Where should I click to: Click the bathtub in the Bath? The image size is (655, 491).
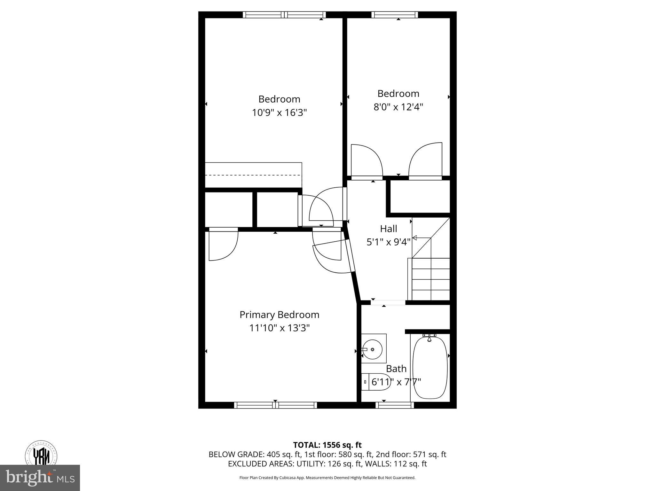pyautogui.click(x=430, y=368)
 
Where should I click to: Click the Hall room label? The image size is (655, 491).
pyautogui.click(x=389, y=229)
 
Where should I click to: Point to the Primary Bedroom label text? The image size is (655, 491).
pyautogui.click(x=279, y=315)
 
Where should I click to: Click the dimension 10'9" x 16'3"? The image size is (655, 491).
pyautogui.click(x=279, y=113)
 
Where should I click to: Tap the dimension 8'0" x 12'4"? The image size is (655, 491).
pyautogui.click(x=398, y=107)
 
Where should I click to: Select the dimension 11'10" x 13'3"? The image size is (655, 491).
pyautogui.click(x=279, y=328)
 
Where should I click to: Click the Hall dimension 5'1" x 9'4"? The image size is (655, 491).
pyautogui.click(x=388, y=242)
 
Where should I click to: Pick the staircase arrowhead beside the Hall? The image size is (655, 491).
pyautogui.click(x=414, y=238)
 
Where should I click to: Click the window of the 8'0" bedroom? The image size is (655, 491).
pyautogui.click(x=395, y=15)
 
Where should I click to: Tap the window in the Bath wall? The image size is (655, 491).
pyautogui.click(x=395, y=405)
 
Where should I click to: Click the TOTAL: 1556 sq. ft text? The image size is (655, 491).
pyautogui.click(x=327, y=445)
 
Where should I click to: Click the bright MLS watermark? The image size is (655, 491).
pyautogui.click(x=40, y=478)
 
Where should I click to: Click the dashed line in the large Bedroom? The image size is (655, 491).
pyautogui.click(x=253, y=175)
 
